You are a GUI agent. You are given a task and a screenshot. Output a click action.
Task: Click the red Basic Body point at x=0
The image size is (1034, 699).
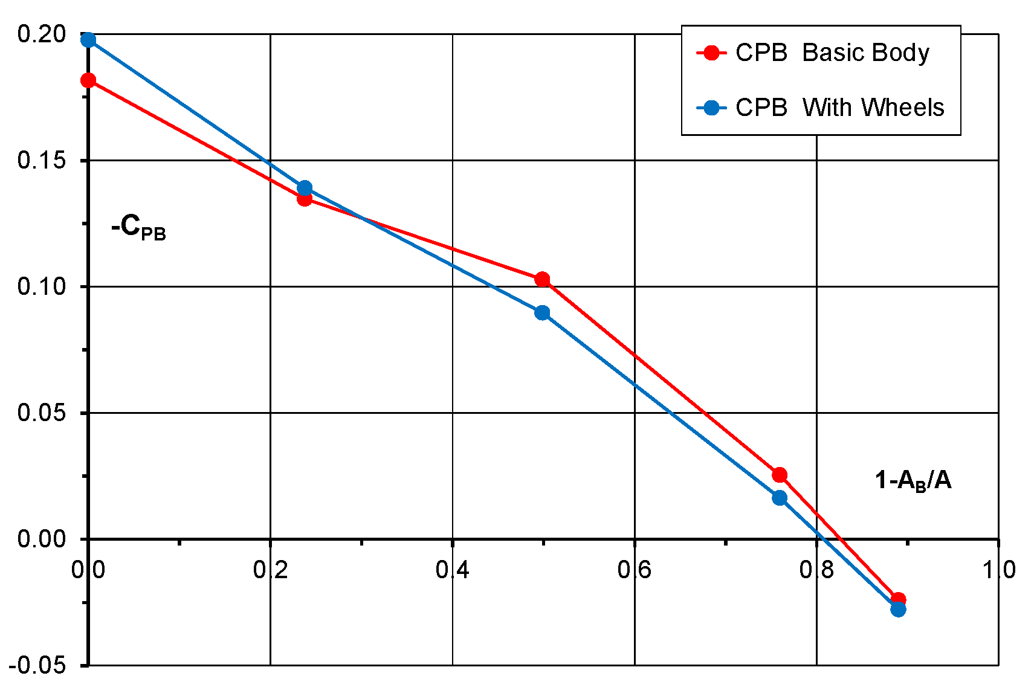click(x=88, y=80)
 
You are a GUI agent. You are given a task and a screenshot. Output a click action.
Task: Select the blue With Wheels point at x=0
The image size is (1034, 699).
click(x=88, y=40)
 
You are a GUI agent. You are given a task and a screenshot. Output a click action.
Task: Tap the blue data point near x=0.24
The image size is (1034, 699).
click(x=305, y=188)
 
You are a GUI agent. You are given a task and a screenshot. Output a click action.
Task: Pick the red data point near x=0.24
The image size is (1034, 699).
click(x=305, y=199)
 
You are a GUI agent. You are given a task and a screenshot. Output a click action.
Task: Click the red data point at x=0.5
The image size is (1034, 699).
click(x=542, y=279)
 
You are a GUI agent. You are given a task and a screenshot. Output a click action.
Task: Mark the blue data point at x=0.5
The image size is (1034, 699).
click(x=542, y=312)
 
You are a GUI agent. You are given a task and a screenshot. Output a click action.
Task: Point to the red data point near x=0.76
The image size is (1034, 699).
click(x=780, y=475)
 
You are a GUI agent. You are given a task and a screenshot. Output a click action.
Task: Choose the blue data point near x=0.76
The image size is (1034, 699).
click(x=780, y=498)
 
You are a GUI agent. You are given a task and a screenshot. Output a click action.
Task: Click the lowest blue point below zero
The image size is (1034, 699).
click(x=898, y=609)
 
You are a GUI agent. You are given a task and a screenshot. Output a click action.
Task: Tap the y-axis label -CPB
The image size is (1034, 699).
click(x=138, y=228)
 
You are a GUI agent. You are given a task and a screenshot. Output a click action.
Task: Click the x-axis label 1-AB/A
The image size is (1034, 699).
click(x=913, y=481)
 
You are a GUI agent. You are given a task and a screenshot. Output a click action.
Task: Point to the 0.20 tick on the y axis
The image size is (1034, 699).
click(x=41, y=34)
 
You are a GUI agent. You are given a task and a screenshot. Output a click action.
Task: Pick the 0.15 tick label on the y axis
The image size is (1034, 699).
click(x=41, y=161)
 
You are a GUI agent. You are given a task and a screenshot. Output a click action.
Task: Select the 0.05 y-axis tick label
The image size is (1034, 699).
click(x=41, y=413)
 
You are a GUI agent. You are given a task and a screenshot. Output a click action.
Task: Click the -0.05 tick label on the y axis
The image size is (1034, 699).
click(x=37, y=666)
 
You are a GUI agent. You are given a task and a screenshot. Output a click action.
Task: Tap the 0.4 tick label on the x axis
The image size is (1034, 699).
click(x=453, y=570)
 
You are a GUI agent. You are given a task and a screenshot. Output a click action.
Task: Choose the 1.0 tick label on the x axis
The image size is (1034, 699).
click(x=998, y=570)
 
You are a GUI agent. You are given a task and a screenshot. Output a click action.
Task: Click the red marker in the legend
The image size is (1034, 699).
click(x=712, y=53)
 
